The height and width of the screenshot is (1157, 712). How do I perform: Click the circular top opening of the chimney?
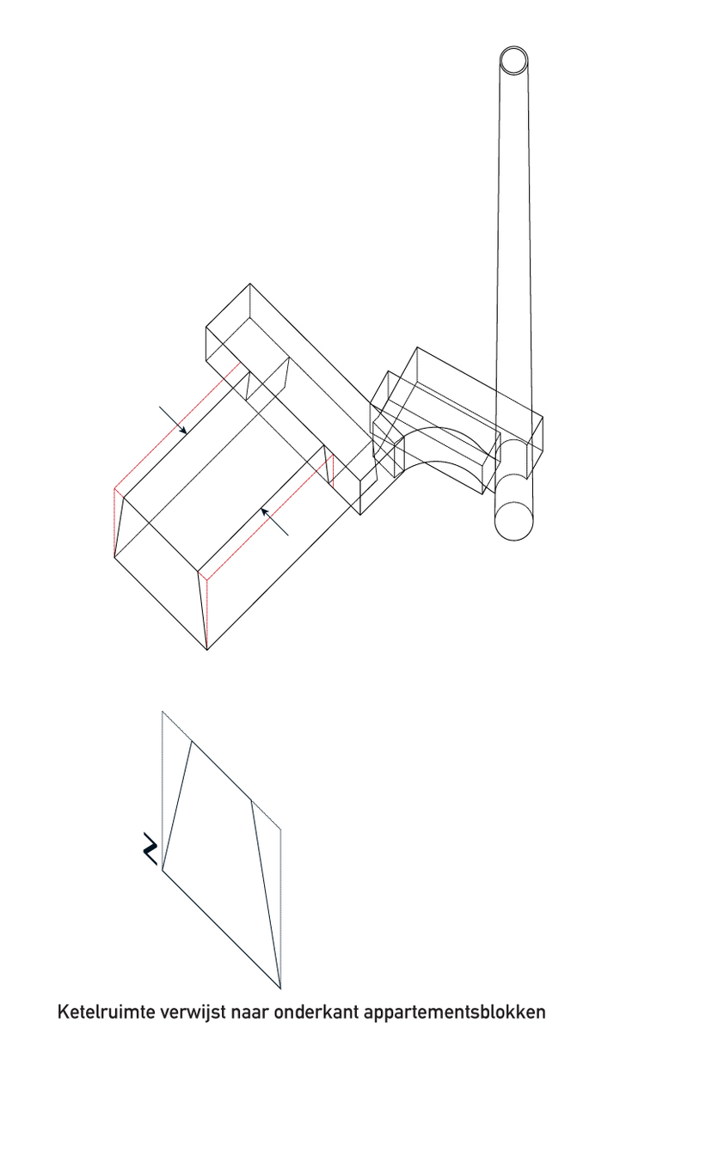click(x=513, y=60)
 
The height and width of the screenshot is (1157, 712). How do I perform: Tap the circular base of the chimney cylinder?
click(x=513, y=521)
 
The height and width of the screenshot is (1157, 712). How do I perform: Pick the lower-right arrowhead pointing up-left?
click(x=265, y=511)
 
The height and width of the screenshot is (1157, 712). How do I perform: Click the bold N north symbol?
click(x=150, y=848)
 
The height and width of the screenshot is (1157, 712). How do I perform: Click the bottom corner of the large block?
click(x=207, y=650)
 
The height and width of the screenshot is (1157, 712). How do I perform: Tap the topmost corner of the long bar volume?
click(x=250, y=284)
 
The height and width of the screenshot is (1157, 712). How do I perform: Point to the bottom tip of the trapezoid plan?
click(x=280, y=989)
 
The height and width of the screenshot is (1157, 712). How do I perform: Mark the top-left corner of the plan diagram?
click(x=163, y=711)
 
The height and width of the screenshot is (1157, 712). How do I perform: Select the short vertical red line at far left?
click(x=114, y=523)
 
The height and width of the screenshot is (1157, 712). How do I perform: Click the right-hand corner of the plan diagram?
click(x=280, y=829)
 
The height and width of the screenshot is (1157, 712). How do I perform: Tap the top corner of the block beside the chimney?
click(x=417, y=347)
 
